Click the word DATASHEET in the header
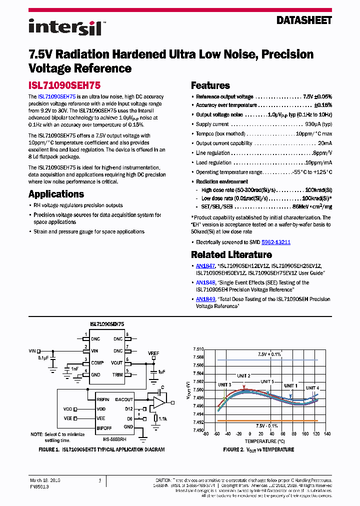(304, 20)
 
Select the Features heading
(210, 85)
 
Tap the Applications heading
(56, 194)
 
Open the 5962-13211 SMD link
(276, 242)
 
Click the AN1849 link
(205, 299)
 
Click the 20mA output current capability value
(324, 143)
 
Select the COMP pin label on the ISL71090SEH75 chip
(97, 362)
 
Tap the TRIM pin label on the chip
(117, 374)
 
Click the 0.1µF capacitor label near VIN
(43, 358)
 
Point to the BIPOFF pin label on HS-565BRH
(104, 428)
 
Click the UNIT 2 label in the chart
(241, 376)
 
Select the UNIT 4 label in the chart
(312, 388)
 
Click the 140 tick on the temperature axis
(327, 434)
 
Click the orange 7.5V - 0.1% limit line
(267, 421)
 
